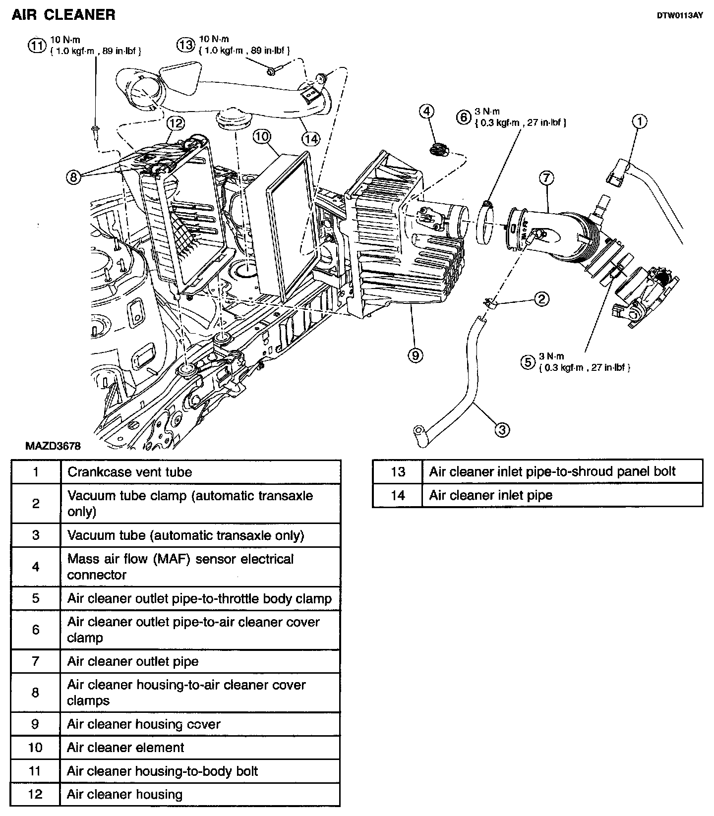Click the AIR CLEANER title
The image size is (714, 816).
tap(63, 15)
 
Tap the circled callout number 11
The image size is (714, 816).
tap(36, 46)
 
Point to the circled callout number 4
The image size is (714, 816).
tap(427, 112)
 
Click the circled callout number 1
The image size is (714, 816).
tap(640, 121)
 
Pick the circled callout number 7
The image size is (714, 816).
tap(546, 178)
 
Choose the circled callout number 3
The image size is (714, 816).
tap(502, 429)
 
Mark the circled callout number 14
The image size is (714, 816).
tap(310, 139)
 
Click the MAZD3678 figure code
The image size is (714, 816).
tap(53, 446)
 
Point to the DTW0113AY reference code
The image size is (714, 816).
tap(679, 15)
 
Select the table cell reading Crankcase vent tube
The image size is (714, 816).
tap(200, 472)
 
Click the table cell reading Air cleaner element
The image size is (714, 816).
tap(200, 748)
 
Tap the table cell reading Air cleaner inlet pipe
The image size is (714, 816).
tap(562, 495)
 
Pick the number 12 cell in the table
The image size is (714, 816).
tap(36, 795)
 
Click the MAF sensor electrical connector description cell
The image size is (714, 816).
tap(200, 567)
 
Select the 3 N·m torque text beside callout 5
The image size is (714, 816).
tap(551, 356)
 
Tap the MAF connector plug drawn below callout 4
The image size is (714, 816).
tap(437, 149)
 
